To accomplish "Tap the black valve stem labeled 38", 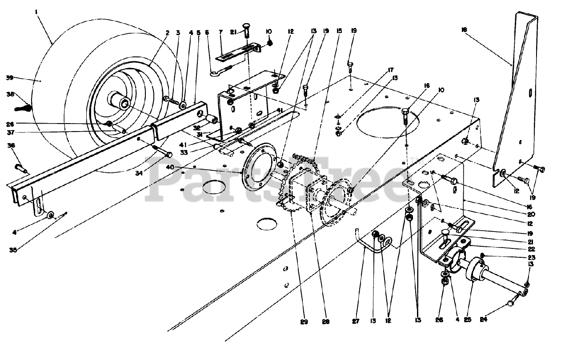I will pos(25,107).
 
